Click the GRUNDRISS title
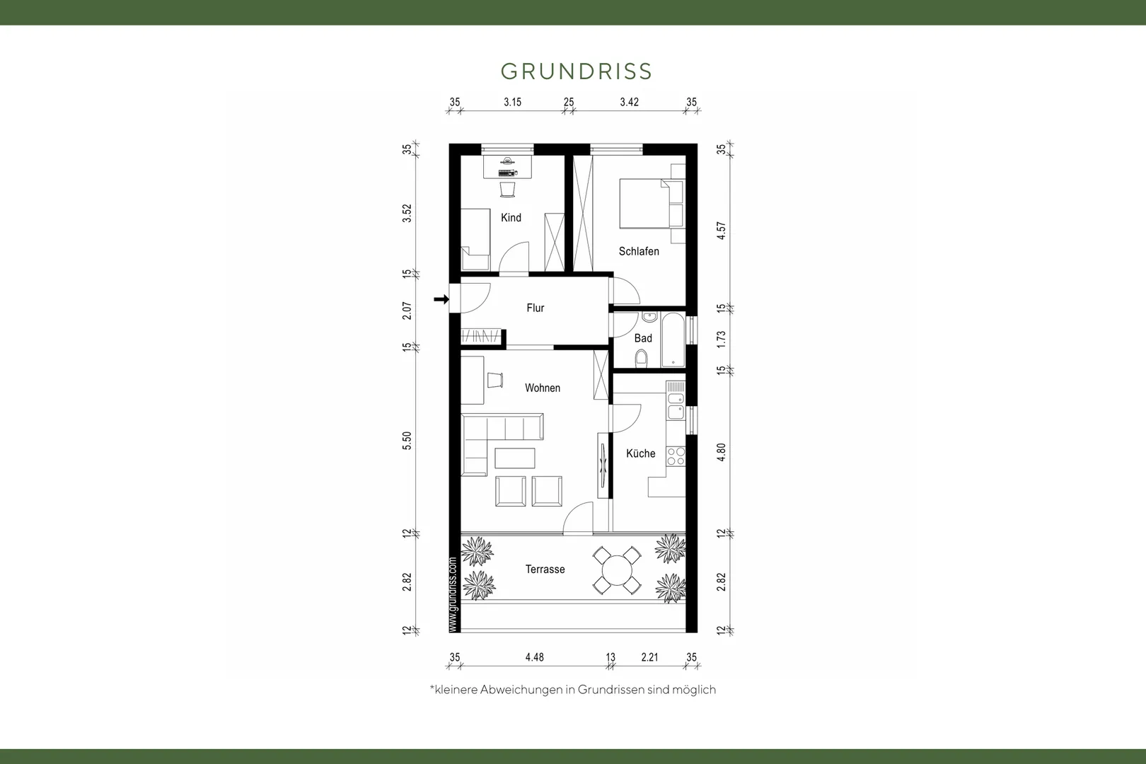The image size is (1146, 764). [x=576, y=71]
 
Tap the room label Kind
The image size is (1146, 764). [x=511, y=217]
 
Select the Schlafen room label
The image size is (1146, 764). [x=639, y=251]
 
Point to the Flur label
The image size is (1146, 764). [x=535, y=308]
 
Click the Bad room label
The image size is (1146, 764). [x=643, y=338]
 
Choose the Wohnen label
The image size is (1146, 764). [x=543, y=388]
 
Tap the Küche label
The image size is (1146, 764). [x=640, y=453]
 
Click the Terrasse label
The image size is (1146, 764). [x=545, y=569]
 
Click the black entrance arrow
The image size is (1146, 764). [x=441, y=299]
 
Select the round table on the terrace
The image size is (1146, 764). [x=617, y=570]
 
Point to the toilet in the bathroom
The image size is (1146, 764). [x=642, y=358]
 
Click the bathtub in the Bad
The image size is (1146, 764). [x=673, y=340]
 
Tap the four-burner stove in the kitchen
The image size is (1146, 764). [x=676, y=456]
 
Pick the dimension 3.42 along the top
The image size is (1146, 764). [x=630, y=103]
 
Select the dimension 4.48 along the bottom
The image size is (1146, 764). [x=535, y=657]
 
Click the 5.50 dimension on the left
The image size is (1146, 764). [x=407, y=441]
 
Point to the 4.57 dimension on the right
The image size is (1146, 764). [x=721, y=231]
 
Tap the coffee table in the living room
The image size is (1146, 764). [x=515, y=458]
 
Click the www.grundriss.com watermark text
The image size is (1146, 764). [x=452, y=594]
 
